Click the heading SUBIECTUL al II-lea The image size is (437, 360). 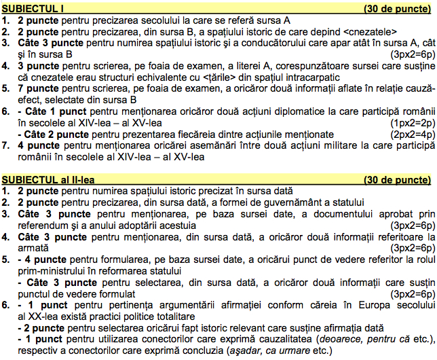[x=50, y=179]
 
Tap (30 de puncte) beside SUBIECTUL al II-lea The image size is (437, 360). [x=397, y=179]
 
